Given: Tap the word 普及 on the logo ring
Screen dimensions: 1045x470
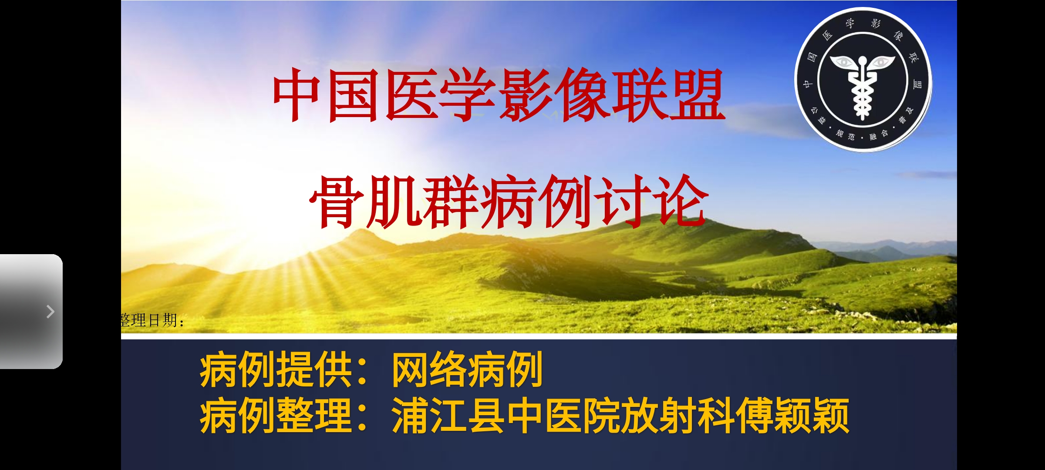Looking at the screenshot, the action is point(906,115).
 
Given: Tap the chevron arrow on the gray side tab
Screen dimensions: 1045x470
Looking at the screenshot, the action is point(51,312).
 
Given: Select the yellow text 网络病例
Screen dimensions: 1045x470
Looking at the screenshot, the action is point(467,370).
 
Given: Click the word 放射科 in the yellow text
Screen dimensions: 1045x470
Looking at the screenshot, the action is point(678,416).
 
